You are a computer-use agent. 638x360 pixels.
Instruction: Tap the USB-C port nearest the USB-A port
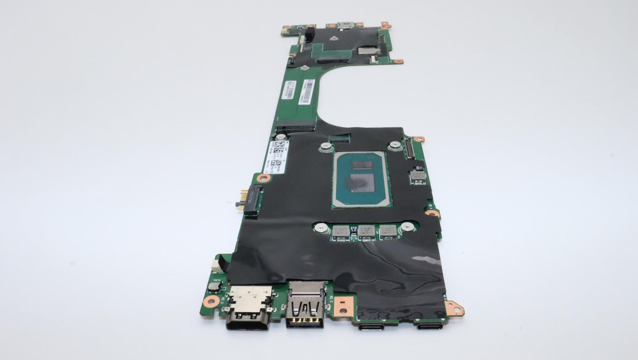[371, 327]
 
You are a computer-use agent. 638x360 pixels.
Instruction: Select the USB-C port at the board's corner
[429, 326]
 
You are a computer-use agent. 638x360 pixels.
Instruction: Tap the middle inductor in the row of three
[366, 231]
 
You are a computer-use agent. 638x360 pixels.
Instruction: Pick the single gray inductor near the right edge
[417, 176]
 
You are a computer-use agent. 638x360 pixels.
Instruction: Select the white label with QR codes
[277, 157]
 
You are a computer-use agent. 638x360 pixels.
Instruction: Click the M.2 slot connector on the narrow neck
[295, 129]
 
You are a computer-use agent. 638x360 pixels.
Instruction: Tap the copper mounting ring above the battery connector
[264, 178]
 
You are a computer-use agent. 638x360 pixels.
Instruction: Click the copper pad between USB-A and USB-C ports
[344, 305]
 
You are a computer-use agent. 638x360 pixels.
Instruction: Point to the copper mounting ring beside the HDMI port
[211, 302]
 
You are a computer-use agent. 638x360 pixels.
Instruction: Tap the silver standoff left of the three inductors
[322, 228]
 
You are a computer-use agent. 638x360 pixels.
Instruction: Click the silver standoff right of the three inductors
[408, 227]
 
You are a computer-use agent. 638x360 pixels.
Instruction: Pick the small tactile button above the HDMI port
[215, 286]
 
